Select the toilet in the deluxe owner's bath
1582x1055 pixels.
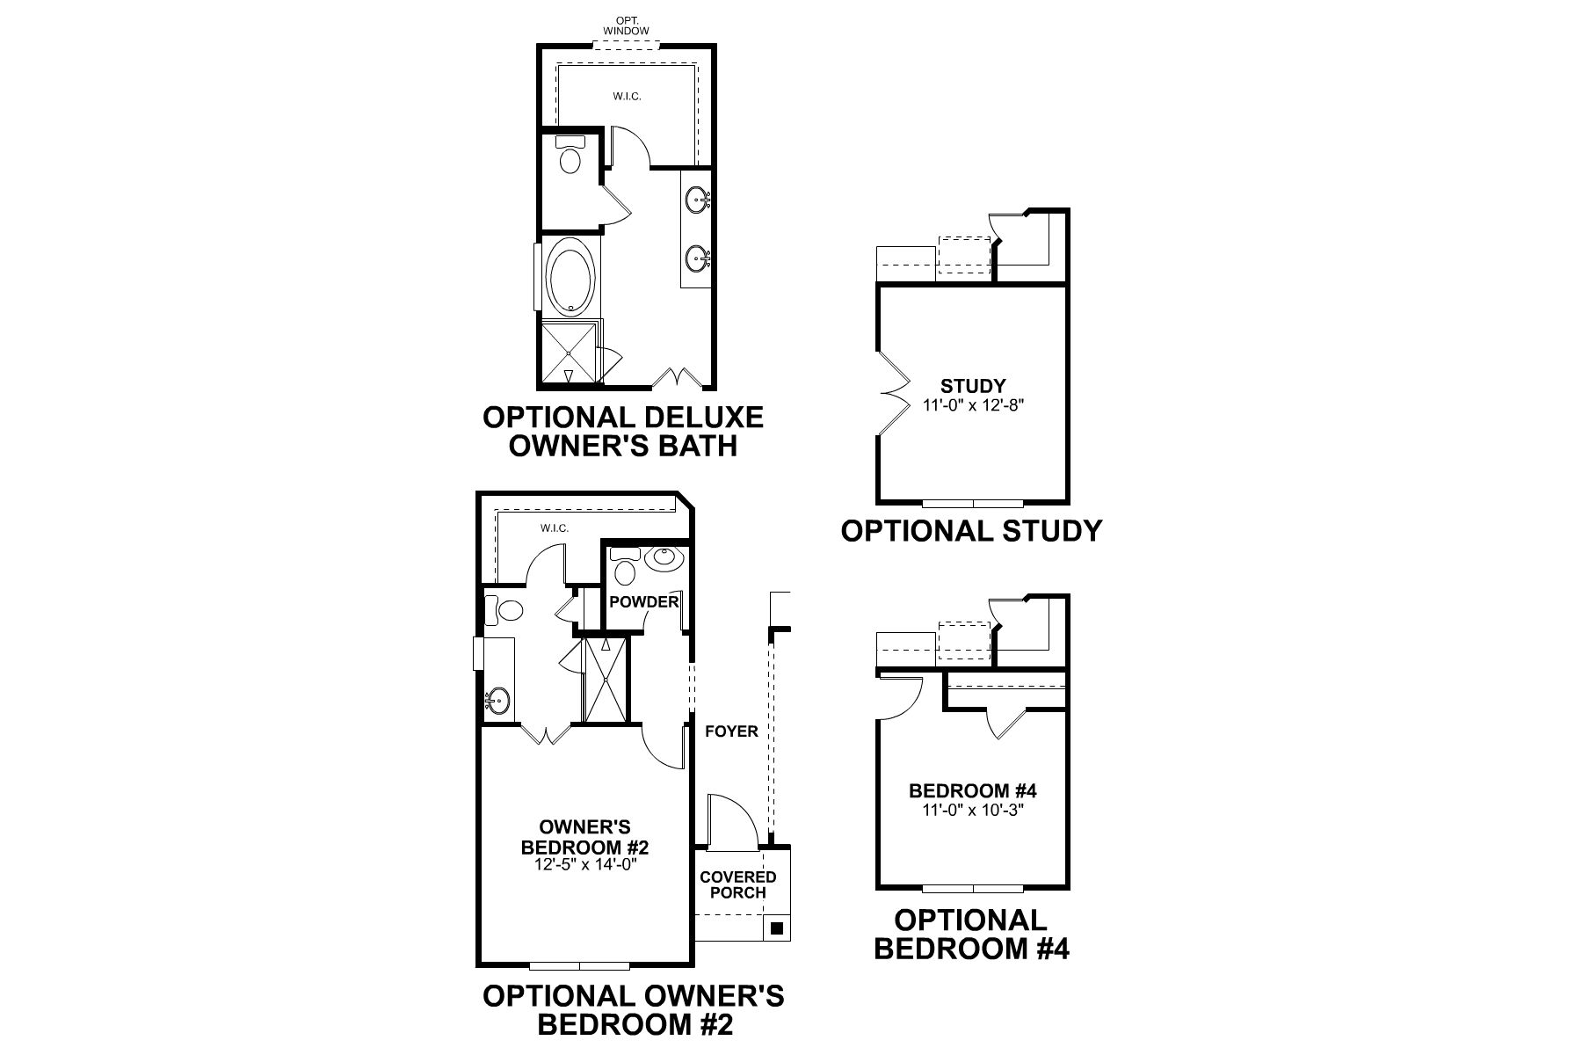coord(570,160)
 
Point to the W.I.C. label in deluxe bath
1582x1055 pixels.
coord(627,96)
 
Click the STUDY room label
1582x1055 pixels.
coord(972,385)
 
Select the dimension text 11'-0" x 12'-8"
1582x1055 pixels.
coord(974,405)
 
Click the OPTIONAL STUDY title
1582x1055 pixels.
coord(971,530)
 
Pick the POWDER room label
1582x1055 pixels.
coord(644,601)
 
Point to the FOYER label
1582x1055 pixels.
coord(731,731)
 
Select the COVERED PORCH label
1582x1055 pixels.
coord(738,884)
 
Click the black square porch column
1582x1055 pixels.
coord(776,928)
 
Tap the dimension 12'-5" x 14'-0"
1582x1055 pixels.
coord(584,864)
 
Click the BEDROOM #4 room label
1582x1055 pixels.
coord(972,791)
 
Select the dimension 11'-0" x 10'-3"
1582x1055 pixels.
coord(974,810)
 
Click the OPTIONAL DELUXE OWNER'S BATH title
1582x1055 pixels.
coord(623,431)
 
